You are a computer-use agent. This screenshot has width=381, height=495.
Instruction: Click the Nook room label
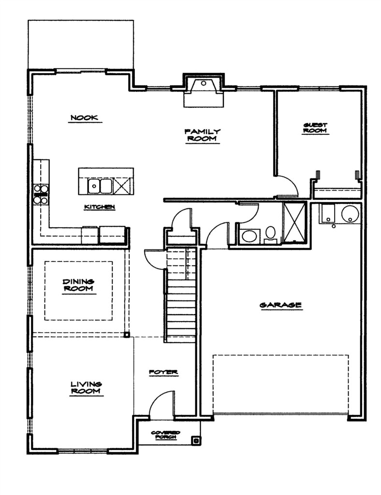click(x=84, y=118)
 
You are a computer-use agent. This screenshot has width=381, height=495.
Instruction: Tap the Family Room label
click(x=202, y=135)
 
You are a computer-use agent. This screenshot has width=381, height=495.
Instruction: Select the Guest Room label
click(x=315, y=128)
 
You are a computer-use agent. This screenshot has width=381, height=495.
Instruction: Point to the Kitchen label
click(x=100, y=207)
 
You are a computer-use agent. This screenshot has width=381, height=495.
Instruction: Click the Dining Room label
click(x=79, y=285)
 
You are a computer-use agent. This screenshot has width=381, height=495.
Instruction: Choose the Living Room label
click(x=86, y=387)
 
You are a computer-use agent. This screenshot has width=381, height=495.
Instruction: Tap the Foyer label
click(x=163, y=373)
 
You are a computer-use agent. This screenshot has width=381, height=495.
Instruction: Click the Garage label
click(x=280, y=305)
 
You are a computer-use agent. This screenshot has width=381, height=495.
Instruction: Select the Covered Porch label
click(x=166, y=435)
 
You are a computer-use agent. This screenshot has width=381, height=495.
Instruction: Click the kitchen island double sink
click(x=100, y=186)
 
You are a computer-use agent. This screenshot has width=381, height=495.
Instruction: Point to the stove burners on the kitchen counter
click(x=41, y=194)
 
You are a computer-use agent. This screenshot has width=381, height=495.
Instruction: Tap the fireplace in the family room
click(x=204, y=90)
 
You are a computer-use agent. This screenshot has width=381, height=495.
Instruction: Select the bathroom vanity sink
click(x=250, y=236)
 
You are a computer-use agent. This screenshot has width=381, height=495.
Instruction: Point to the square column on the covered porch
click(x=196, y=440)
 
